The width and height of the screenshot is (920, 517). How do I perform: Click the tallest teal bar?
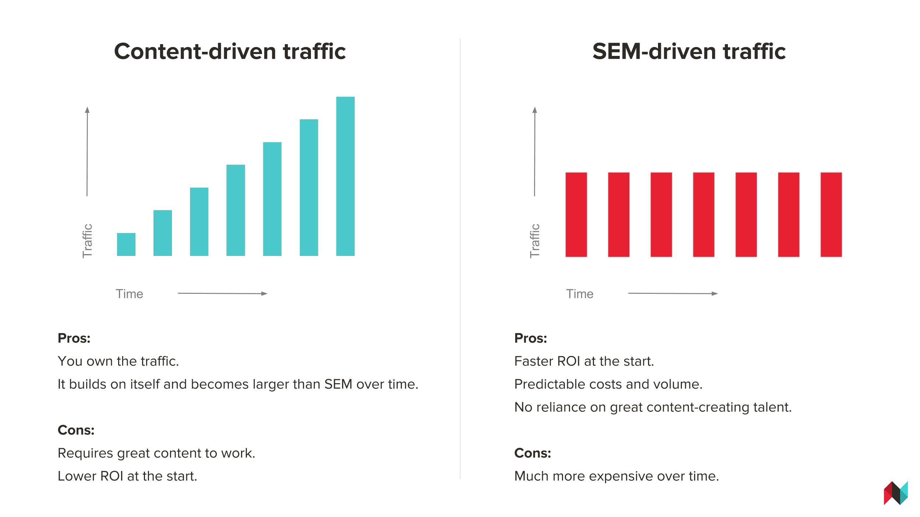point(345,176)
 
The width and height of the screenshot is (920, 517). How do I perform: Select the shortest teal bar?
point(126,244)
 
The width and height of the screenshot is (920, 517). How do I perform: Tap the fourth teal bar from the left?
point(236,210)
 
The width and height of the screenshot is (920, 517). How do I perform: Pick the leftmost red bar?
point(576,214)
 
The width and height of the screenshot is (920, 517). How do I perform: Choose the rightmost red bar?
point(831,214)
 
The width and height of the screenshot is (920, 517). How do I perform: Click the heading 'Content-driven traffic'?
point(230,51)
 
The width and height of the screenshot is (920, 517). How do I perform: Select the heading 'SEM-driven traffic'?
point(689,51)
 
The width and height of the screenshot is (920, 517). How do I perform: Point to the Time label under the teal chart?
point(130,294)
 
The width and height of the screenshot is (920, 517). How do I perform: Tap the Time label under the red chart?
point(580,294)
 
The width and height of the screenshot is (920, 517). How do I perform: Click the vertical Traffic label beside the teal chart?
point(87,241)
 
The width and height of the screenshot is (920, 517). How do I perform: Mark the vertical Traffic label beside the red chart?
point(535,241)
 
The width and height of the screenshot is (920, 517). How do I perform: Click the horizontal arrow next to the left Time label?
point(223,293)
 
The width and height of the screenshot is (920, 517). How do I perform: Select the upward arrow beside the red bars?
point(535,151)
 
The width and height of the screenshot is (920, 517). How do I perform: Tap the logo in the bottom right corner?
point(896,493)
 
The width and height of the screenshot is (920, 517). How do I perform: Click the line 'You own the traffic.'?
point(118,361)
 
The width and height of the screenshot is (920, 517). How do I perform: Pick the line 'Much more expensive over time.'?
point(616,476)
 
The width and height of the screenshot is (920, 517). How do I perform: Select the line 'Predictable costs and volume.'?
point(608,384)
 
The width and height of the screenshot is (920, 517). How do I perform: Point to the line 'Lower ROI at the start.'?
point(127,476)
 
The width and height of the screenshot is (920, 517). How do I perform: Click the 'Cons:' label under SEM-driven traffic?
point(532,453)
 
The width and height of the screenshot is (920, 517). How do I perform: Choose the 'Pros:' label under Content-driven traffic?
point(74,338)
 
